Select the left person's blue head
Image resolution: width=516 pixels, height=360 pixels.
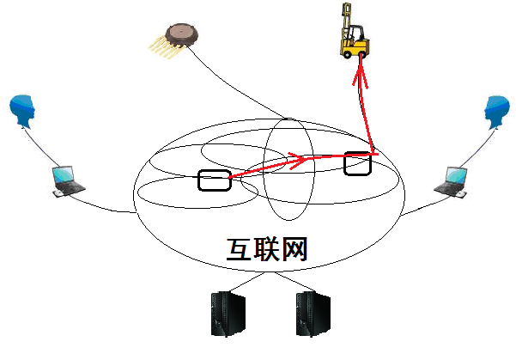coord(23,111)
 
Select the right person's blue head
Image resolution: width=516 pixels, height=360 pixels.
coord(495,111)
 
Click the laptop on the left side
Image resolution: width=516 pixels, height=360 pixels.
coord(67,181)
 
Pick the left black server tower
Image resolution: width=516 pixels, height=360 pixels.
coord(228,314)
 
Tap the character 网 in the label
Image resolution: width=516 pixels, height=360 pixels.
coord(294,249)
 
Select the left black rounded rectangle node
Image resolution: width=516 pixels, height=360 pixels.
coord(214,180)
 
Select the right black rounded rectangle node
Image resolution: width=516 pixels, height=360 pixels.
coord(358,162)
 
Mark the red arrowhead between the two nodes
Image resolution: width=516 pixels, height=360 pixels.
coord(299,157)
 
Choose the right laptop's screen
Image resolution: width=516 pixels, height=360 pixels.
coord(454,175)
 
